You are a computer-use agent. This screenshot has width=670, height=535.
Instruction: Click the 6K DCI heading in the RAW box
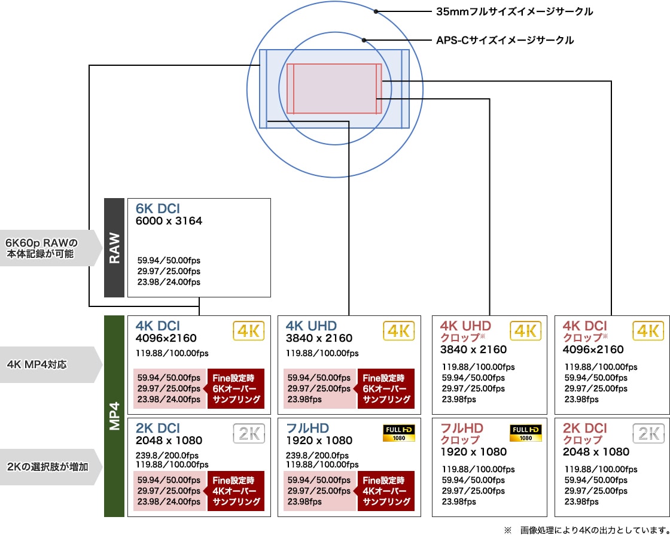pos(158,209)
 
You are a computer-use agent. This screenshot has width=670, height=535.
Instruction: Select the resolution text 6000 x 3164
pos(169,221)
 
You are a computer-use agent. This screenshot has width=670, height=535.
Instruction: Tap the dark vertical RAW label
pos(114,248)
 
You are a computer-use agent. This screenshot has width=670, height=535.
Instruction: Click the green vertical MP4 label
pos(114,416)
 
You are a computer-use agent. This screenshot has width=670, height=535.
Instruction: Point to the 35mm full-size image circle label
pos(514,12)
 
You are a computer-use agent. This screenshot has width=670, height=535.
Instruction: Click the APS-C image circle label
pos(505,41)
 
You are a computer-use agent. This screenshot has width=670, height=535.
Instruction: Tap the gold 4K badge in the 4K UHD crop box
pos(526,331)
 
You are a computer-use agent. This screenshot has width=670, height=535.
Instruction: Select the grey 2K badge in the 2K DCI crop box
pos(648,433)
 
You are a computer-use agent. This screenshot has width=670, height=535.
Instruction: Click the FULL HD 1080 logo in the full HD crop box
pos(526,433)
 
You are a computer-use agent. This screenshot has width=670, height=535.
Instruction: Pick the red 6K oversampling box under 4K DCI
pos(236,389)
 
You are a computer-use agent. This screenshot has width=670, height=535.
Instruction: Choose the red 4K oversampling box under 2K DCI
pos(236,491)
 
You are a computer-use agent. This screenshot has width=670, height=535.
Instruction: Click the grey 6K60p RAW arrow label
pos(50,248)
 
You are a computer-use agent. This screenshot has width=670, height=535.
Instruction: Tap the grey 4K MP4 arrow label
pos(50,365)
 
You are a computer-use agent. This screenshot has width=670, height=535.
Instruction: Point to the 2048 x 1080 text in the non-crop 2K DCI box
pos(169,440)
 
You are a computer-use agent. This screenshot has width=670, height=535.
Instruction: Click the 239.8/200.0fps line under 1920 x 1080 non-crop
pos(317,456)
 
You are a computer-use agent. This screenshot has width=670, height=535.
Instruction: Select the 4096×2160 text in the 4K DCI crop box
pos(593,349)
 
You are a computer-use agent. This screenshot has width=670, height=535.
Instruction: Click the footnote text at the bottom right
pos(587,531)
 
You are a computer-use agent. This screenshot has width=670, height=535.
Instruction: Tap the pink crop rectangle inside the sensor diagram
pos(334,89)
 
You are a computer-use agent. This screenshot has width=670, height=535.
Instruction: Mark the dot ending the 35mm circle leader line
pos(376,11)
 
